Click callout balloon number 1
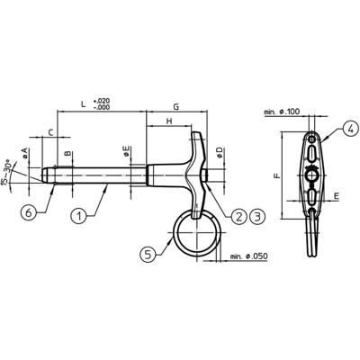click(x=79, y=216)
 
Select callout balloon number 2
click(x=239, y=216)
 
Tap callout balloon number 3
click(x=257, y=216)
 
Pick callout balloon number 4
click(x=350, y=128)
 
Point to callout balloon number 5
click(x=148, y=255)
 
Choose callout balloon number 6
click(x=29, y=212)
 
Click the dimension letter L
click(x=84, y=104)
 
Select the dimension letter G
click(x=176, y=106)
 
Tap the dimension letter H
click(x=169, y=121)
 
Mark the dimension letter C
click(x=51, y=132)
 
